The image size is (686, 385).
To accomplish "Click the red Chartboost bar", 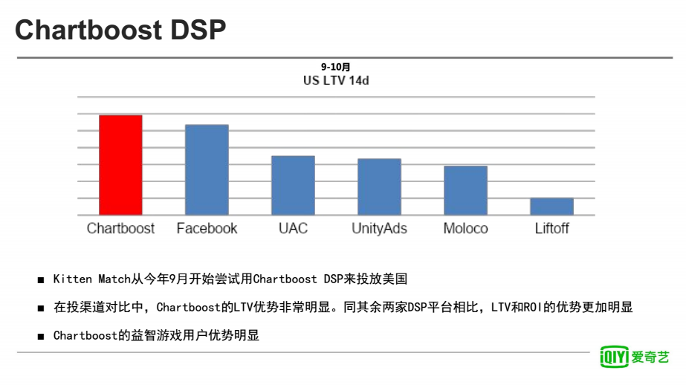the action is (x=120, y=165).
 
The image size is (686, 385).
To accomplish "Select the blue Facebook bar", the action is (x=207, y=169).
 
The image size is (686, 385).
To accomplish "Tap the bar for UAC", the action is (x=293, y=186).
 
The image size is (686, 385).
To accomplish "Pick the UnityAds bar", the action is (x=379, y=187).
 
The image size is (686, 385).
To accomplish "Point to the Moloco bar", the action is (x=465, y=190).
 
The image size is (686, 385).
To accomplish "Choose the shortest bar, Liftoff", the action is (x=551, y=207).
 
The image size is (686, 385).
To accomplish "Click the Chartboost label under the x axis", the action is (x=120, y=228).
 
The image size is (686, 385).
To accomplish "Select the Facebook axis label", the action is (x=207, y=228).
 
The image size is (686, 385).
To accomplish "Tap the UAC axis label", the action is (x=293, y=228).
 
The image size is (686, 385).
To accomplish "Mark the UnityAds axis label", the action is (x=379, y=229).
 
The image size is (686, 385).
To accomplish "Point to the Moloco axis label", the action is (x=465, y=228).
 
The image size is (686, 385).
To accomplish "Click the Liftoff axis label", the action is (x=551, y=228).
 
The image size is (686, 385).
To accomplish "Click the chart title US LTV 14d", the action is (x=336, y=80).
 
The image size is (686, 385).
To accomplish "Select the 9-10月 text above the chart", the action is (x=335, y=67).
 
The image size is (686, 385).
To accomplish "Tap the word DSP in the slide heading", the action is (x=198, y=30).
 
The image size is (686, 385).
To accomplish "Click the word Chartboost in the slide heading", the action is (x=88, y=30).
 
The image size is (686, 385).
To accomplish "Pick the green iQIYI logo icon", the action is (x=614, y=357).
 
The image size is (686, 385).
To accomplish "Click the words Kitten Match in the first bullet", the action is (x=92, y=279).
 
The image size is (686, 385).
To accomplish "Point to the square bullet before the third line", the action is (x=41, y=337).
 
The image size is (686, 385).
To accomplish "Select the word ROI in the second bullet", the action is (x=533, y=307).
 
